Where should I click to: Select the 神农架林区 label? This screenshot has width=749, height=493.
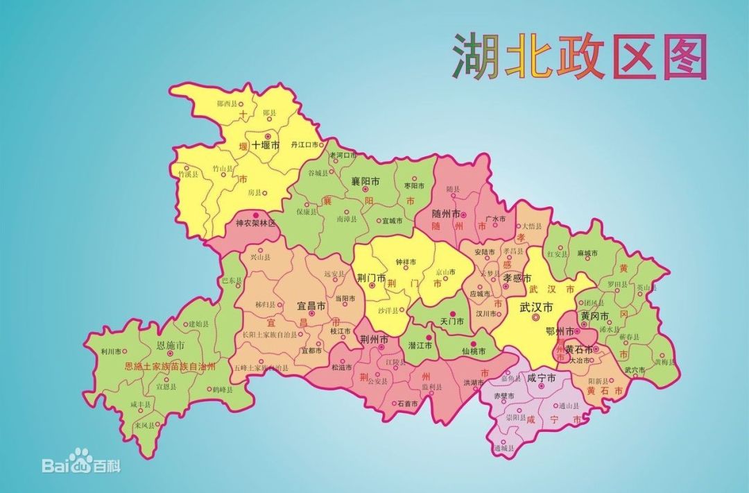click(255, 224)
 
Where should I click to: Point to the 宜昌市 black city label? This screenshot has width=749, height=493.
click(311, 305)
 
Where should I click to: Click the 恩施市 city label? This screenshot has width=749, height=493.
click(171, 345)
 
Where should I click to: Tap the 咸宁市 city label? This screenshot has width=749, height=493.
click(542, 378)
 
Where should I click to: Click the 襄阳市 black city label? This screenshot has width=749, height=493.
click(365, 181)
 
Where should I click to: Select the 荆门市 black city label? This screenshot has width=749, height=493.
click(372, 276)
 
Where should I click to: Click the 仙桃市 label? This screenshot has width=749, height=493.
click(475, 351)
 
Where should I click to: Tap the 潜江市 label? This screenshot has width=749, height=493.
click(420, 345)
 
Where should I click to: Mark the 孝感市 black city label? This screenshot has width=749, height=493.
click(516, 276)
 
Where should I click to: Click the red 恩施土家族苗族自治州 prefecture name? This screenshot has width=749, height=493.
click(169, 366)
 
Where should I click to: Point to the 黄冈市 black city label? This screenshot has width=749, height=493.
click(595, 316)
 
